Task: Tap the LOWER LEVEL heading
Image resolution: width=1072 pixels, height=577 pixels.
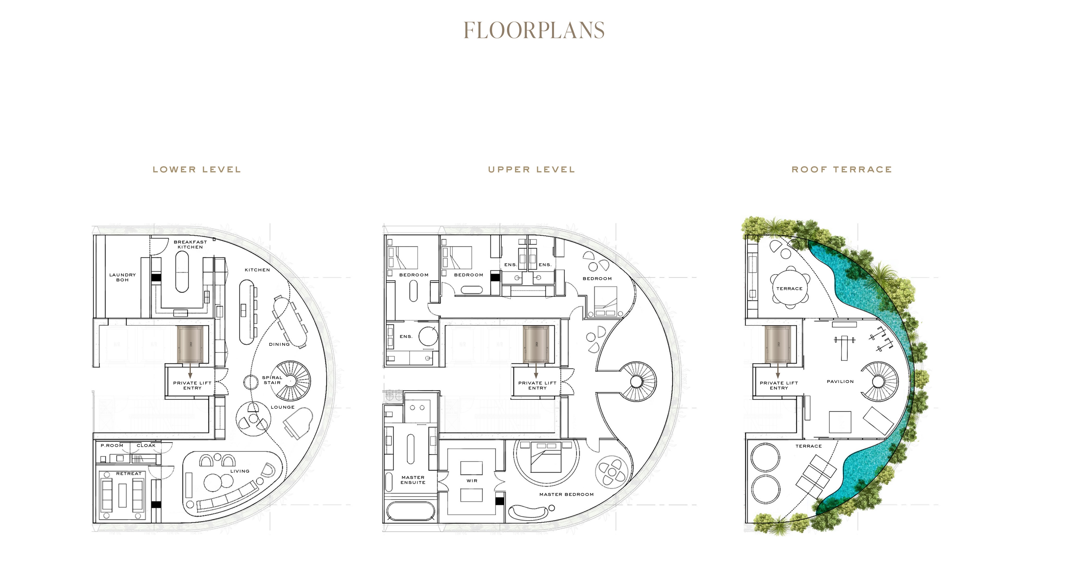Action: (197, 170)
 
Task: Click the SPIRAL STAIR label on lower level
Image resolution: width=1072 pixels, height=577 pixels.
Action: (272, 380)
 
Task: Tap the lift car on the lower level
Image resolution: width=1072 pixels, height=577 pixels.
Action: (190, 344)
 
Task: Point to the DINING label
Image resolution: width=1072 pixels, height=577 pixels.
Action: (279, 344)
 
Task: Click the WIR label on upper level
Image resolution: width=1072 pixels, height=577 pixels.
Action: (472, 481)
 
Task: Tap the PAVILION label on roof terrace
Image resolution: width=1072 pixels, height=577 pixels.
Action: (840, 382)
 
